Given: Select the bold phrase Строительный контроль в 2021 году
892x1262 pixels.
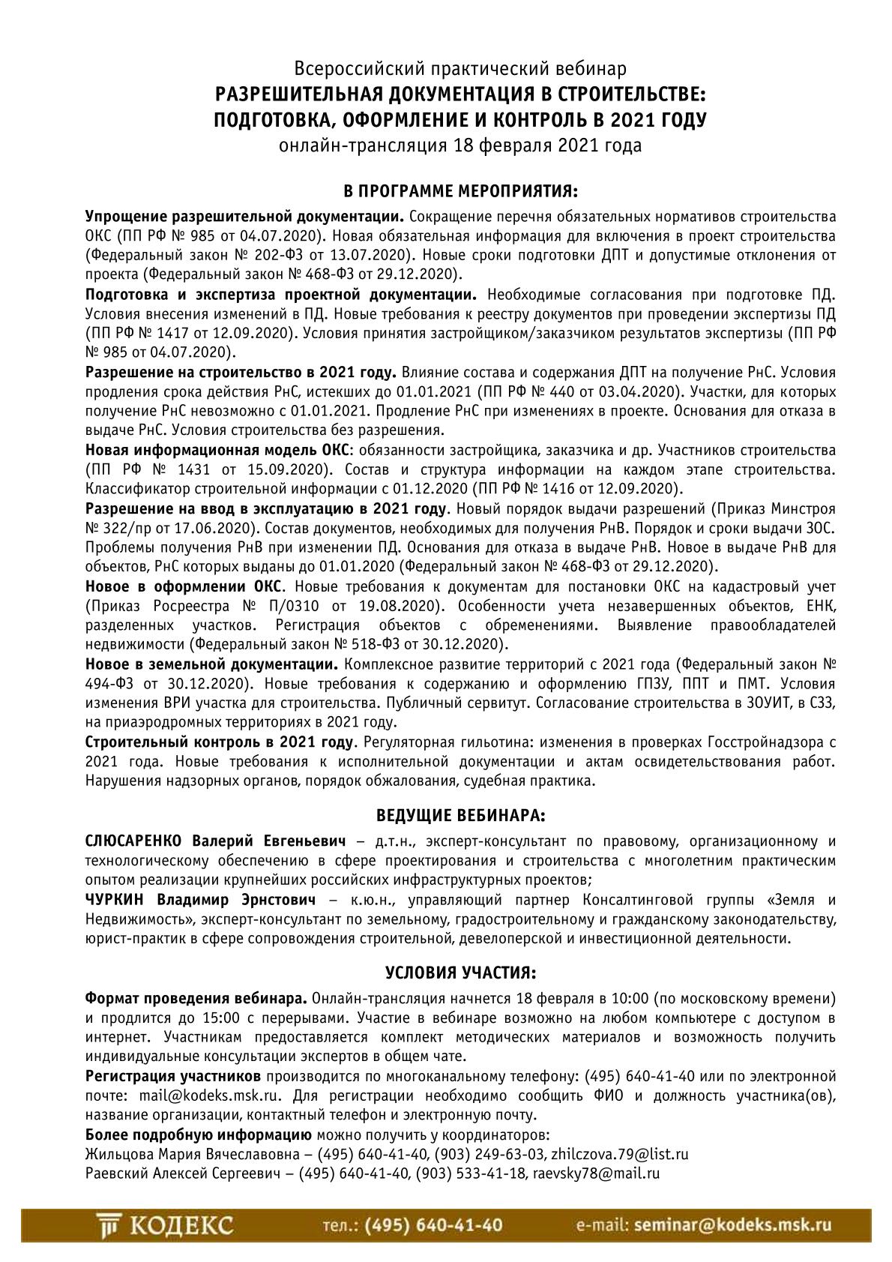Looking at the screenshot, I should (x=219, y=742).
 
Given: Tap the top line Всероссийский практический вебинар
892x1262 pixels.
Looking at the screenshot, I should (x=460, y=70).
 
